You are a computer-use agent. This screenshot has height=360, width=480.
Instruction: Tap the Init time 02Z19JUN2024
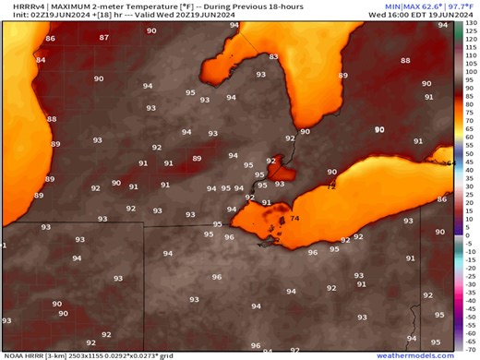coord(30,15)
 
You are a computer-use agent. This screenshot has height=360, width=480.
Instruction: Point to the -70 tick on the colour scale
coord(470,349)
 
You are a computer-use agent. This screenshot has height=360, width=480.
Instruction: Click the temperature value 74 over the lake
coord(294,219)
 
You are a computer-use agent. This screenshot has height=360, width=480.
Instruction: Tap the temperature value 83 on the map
coord(273,57)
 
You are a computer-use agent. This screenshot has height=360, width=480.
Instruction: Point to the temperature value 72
coord(331,186)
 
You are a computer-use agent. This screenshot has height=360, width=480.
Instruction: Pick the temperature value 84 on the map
coord(40,60)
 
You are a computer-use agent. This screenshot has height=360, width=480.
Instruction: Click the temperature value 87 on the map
coord(103,38)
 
